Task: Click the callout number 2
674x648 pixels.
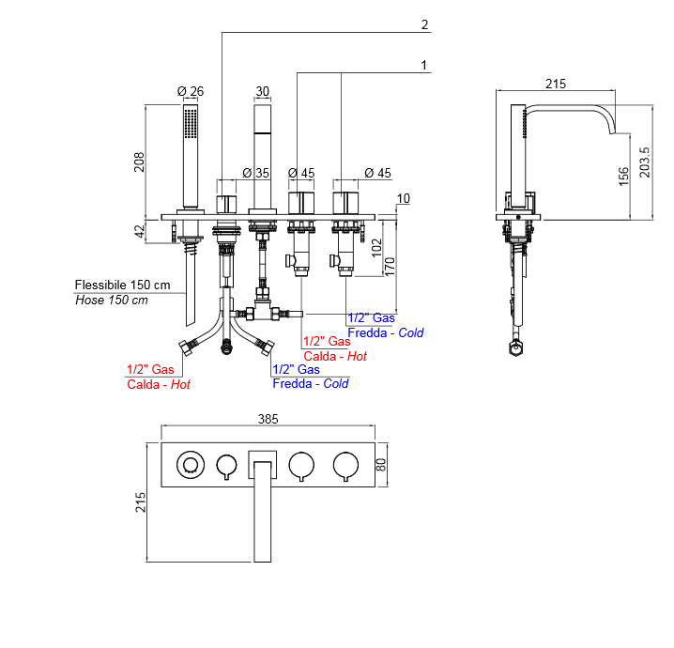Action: pyautogui.click(x=424, y=25)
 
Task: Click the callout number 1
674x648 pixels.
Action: pyautogui.click(x=424, y=65)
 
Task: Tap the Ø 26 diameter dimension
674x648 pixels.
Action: pyautogui.click(x=191, y=91)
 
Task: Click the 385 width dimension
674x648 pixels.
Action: pyautogui.click(x=268, y=419)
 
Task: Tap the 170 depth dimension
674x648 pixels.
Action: pyautogui.click(x=391, y=265)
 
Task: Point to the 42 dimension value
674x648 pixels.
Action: pyautogui.click(x=139, y=230)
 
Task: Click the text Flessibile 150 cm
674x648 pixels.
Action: pyautogui.click(x=123, y=285)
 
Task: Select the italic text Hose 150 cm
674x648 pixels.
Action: pyautogui.click(x=112, y=301)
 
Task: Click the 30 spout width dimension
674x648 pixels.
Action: pyautogui.click(x=262, y=91)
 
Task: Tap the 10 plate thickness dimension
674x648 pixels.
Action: pyautogui.click(x=404, y=198)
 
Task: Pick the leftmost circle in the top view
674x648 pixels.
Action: pyautogui.click(x=191, y=463)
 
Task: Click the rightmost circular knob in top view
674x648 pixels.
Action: pyautogui.click(x=345, y=463)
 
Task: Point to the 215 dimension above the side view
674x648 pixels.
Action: pyautogui.click(x=556, y=84)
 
